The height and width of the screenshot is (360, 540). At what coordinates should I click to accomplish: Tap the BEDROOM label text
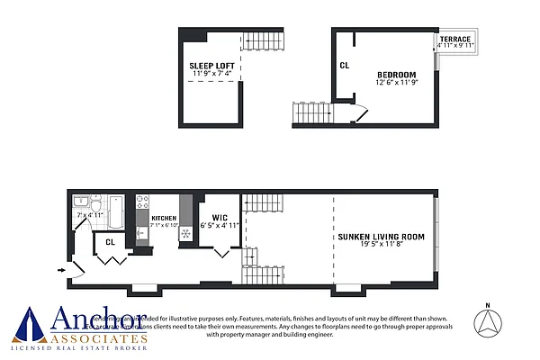[x=396, y=74]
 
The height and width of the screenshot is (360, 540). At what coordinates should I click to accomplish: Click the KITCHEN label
[x=164, y=219]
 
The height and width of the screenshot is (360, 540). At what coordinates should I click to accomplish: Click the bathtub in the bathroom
[x=114, y=211]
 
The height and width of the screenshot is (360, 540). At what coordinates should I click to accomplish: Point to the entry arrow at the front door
[x=60, y=268]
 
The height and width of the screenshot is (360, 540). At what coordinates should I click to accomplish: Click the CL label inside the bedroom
[x=344, y=65]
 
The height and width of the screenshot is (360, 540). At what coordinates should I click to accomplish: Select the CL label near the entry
[x=110, y=241]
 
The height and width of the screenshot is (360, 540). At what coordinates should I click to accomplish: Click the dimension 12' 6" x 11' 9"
[x=396, y=83]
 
